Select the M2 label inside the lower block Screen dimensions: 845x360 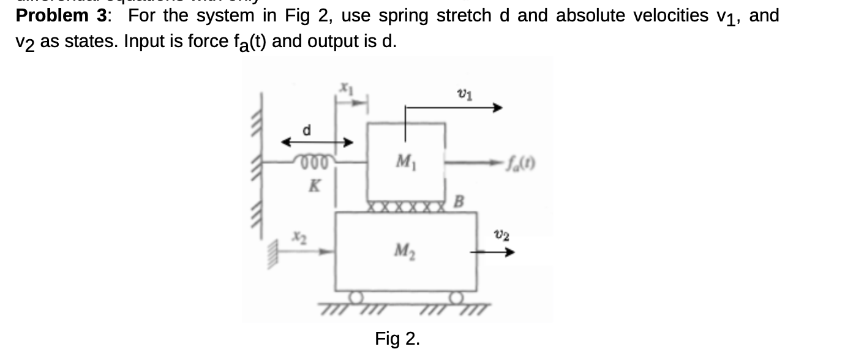[402, 250]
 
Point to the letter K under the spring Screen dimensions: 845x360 [313, 187]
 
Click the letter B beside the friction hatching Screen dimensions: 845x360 [459, 201]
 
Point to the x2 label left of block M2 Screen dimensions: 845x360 [298, 235]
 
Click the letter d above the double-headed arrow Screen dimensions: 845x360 [309, 130]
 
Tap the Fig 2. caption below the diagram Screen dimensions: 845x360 [397, 339]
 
